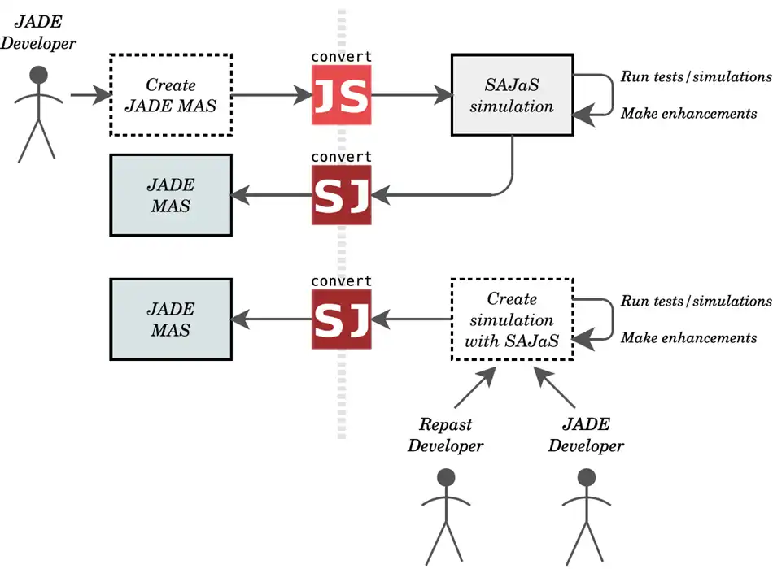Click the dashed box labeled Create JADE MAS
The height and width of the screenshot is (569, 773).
(x=170, y=94)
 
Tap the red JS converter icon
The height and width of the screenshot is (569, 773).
(x=341, y=95)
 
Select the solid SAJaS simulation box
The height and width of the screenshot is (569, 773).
(x=512, y=94)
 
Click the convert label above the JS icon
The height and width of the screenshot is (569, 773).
(x=341, y=57)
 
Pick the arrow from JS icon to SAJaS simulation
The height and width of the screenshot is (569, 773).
(x=411, y=95)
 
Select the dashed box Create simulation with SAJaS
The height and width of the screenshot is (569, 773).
(x=512, y=319)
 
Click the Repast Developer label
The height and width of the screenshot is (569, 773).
(x=445, y=435)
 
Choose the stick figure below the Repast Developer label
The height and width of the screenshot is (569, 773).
(x=445, y=516)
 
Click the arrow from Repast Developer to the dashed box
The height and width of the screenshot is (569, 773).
(x=474, y=388)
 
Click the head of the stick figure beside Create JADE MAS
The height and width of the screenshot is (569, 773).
(x=37, y=75)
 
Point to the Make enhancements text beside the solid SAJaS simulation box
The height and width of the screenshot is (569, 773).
(x=688, y=114)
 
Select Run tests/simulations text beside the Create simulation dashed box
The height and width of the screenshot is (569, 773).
(x=696, y=302)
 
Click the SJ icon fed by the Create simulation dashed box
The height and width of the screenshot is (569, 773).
(x=341, y=319)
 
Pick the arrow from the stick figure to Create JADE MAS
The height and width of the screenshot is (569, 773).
(x=90, y=95)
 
